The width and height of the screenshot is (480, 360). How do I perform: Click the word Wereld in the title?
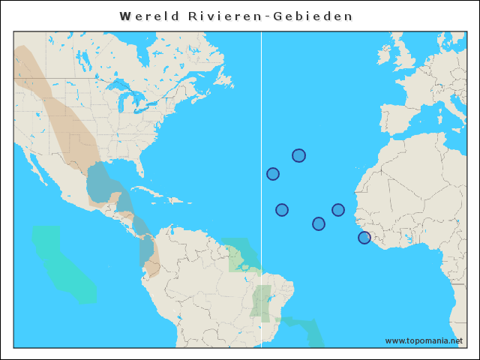pyautogui.click(x=146, y=16)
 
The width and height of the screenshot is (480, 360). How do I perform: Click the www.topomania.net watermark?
pyautogui.click(x=424, y=340)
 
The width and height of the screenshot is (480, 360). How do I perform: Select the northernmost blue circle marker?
pyautogui.click(x=298, y=155)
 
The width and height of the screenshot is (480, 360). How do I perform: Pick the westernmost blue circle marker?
pyautogui.click(x=273, y=174)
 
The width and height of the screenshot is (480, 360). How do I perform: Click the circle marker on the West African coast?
pyautogui.click(x=364, y=238)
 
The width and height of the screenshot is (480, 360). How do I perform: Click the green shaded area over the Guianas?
pyautogui.click(x=240, y=255)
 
